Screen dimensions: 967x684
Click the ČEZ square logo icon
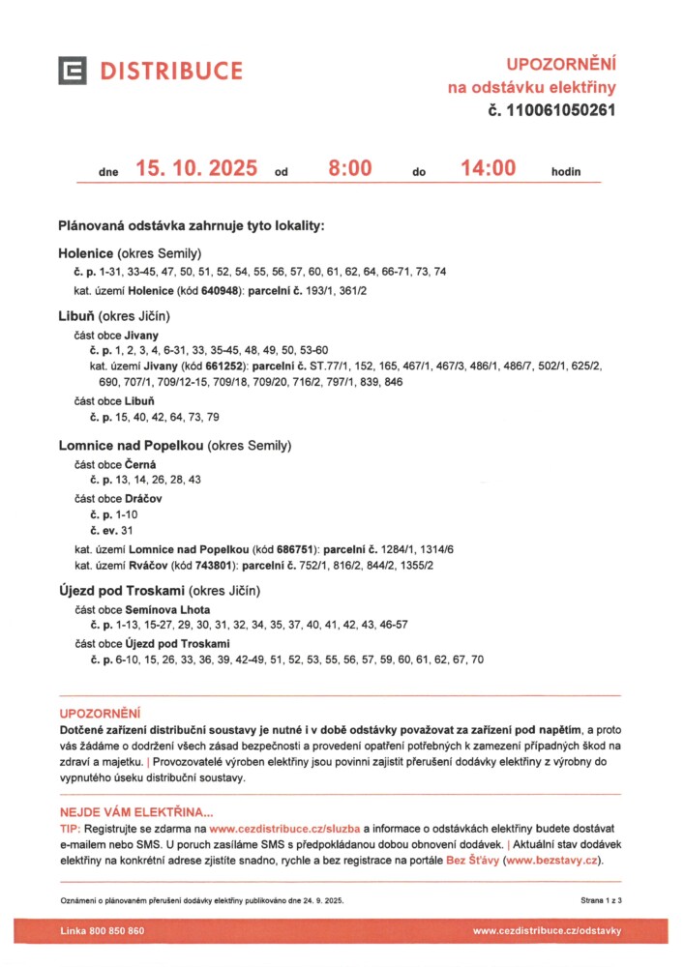pos(73,71)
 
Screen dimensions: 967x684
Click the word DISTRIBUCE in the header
pos(172,71)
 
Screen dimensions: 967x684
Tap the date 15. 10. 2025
pos(196,168)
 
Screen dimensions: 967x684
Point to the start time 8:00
pos(349,168)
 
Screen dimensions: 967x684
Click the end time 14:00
pos(488,168)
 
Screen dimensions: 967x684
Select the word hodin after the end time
pos(566,172)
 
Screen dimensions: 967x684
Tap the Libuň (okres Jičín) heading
pos(114,316)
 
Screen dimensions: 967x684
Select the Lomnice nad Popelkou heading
pos(174,446)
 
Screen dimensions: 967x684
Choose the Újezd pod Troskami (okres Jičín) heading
pos(159,591)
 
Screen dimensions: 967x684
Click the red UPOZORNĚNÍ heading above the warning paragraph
pos(101,713)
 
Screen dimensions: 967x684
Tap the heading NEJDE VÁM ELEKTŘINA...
pos(136,812)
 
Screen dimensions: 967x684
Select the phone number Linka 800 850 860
pos(103,930)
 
